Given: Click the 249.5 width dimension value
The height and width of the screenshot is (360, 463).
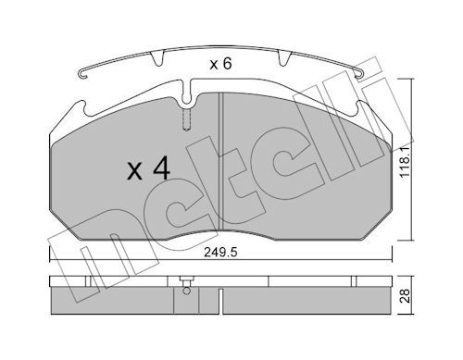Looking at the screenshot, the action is (x=220, y=253).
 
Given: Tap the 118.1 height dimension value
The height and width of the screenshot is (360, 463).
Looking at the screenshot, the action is (x=405, y=162).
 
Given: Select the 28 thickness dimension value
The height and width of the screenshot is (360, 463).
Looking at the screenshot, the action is (x=405, y=296).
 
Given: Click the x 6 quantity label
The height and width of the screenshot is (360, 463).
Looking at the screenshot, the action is (x=220, y=64).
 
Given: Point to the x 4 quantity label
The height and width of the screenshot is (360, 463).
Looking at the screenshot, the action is (x=148, y=168).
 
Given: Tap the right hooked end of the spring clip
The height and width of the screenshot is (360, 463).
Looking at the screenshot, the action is (x=358, y=74).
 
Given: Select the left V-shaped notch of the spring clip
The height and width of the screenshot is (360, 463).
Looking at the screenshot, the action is (x=157, y=58).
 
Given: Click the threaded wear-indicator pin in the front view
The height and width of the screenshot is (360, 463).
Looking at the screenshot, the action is (x=187, y=118).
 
